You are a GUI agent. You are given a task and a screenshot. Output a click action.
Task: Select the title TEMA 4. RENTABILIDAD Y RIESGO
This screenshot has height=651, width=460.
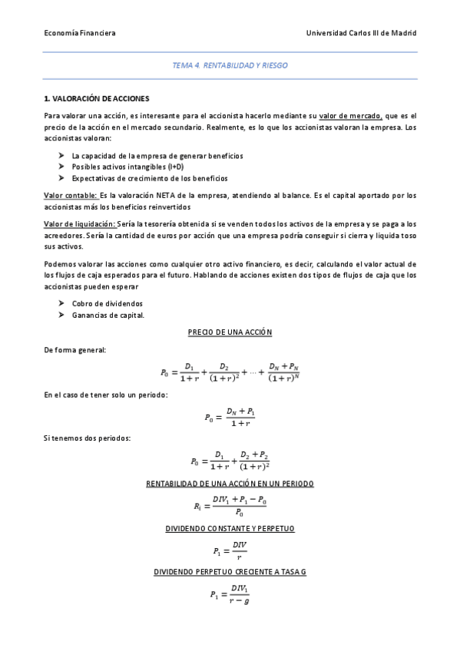tap(230, 67)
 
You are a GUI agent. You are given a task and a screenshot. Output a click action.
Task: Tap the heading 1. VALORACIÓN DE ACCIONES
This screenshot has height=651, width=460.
tap(97, 100)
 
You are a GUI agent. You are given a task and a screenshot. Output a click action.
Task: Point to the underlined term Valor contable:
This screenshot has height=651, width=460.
tap(70, 196)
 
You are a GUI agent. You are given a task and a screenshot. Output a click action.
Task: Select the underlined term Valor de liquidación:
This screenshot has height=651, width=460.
tap(80, 223)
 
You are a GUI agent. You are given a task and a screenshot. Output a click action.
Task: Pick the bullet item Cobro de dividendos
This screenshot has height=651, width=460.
tap(107, 303)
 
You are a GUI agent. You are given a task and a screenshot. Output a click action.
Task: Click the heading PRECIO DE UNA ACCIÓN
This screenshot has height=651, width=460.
tap(230, 332)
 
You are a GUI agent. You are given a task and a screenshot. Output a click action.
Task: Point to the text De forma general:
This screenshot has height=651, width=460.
tap(75, 350)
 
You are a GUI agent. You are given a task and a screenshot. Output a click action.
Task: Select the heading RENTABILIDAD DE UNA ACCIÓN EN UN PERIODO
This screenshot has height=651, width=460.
tap(230, 484)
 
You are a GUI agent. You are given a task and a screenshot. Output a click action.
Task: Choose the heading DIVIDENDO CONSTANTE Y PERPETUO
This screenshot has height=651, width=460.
tap(230, 529)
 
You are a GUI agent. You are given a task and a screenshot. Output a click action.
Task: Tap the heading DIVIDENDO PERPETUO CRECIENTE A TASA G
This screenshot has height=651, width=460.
tap(230, 573)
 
